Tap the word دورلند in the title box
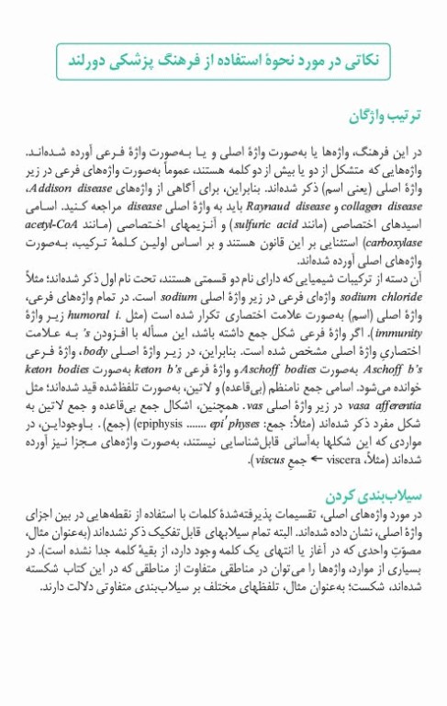[x=93, y=60]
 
